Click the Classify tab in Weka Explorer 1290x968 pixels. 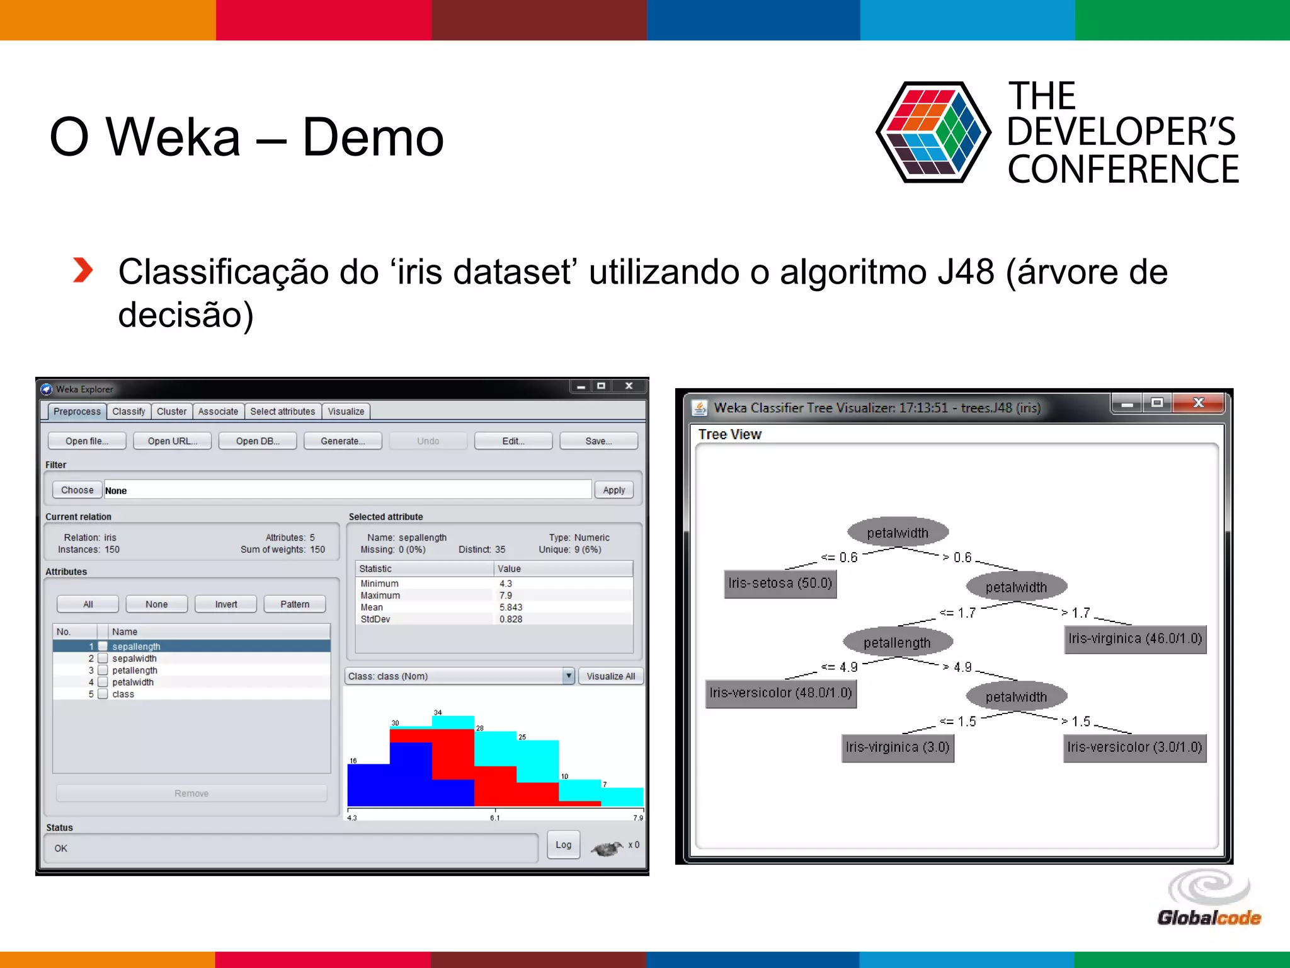[128, 412]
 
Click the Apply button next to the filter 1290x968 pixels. [614, 490]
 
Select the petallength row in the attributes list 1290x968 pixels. [135, 671]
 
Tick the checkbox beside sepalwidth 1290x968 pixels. [103, 659]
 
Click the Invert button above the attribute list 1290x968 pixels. [225, 604]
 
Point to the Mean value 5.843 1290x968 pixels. [511, 608]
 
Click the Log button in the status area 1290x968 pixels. [563, 845]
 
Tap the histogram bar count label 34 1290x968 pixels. [438, 713]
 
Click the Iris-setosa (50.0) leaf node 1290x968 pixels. [780, 584]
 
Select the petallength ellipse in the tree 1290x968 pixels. [897, 643]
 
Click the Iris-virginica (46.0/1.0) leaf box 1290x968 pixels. [1135, 639]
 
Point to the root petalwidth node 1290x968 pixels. [898, 533]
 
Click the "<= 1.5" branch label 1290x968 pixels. [958, 722]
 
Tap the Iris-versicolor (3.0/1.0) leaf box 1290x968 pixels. [1134, 747]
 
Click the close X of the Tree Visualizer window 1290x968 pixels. [1198, 403]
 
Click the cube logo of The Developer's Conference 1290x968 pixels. [933, 132]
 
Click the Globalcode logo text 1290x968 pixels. [1209, 918]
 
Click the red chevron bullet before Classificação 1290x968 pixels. [83, 270]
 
